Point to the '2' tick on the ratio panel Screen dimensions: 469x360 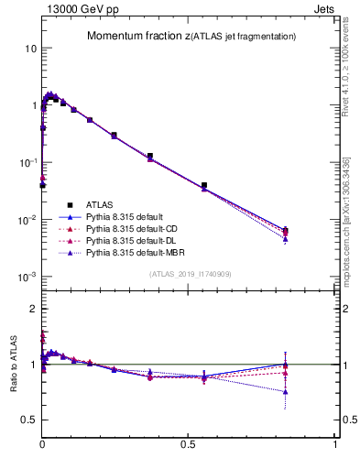(x=32, y=309)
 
